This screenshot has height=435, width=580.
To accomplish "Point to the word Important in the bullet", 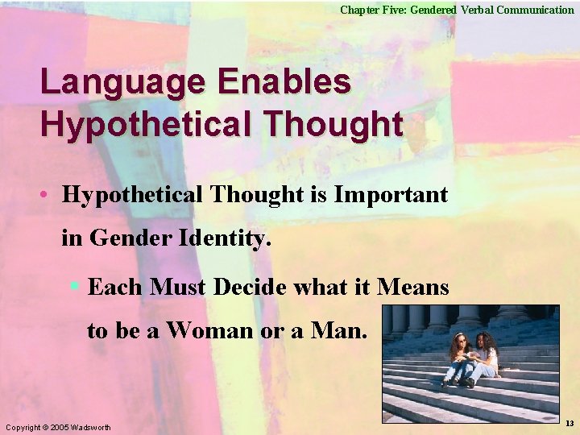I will point(391,194).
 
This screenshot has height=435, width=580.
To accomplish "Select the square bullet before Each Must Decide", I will point(74,285).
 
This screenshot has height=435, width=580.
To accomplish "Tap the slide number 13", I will point(570,424).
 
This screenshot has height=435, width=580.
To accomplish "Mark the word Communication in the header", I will point(535,10).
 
